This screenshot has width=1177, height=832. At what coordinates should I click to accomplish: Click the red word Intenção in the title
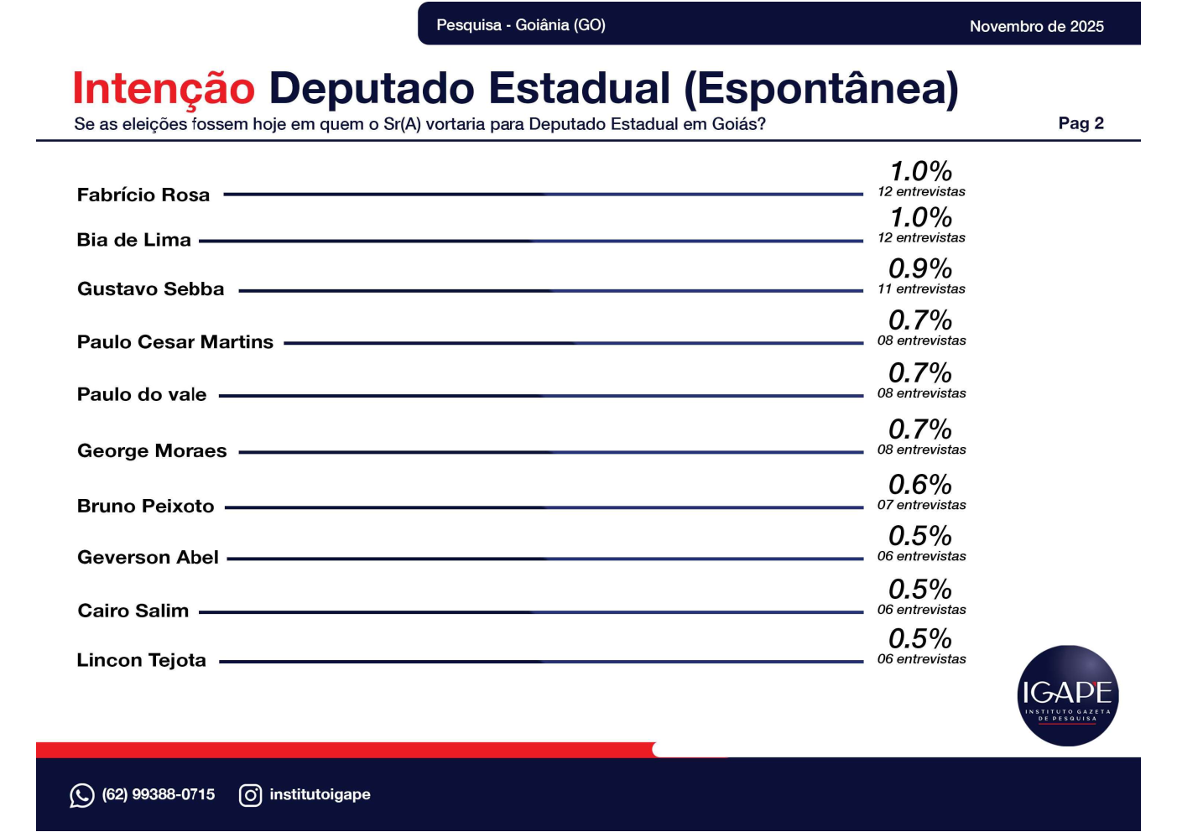click(164, 89)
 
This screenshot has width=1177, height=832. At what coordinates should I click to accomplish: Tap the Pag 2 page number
click(1081, 123)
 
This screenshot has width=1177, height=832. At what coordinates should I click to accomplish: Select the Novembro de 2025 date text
click(1036, 26)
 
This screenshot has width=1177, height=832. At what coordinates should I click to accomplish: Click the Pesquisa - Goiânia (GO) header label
click(521, 25)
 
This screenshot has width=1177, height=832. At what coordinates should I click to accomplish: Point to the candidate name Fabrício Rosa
click(143, 195)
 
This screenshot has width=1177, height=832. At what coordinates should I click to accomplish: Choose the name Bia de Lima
click(134, 241)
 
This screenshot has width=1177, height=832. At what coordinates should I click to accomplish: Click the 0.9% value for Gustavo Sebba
click(920, 268)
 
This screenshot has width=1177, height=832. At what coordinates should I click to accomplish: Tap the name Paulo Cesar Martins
click(175, 342)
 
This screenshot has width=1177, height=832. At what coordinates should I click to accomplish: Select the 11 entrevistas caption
click(921, 289)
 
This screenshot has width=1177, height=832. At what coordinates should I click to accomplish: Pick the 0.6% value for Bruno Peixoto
click(920, 485)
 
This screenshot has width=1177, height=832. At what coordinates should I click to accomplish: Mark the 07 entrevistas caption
click(921, 505)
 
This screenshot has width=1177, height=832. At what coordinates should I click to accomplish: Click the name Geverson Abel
click(148, 558)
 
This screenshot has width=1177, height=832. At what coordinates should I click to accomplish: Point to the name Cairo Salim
click(133, 611)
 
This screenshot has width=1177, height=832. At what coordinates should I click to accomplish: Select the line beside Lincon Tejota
click(541, 662)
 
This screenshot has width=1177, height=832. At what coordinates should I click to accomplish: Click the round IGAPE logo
click(1067, 695)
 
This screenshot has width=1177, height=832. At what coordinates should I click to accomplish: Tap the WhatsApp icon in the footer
click(81, 795)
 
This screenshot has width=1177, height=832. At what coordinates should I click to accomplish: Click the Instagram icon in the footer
click(250, 795)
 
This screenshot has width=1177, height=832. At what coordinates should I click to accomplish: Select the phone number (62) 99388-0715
click(159, 794)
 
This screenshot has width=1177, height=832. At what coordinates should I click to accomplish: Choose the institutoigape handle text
click(320, 794)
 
